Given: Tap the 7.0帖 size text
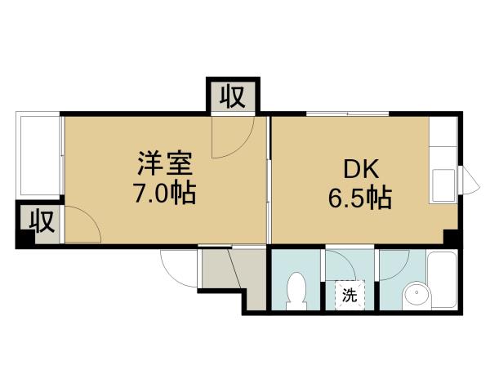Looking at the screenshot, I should (x=164, y=195).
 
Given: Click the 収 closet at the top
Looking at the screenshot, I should (x=232, y=96).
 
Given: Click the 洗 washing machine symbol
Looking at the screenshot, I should (x=349, y=295).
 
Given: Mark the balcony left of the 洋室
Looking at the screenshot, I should (x=38, y=155).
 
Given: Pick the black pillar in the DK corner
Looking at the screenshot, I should (x=450, y=237).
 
